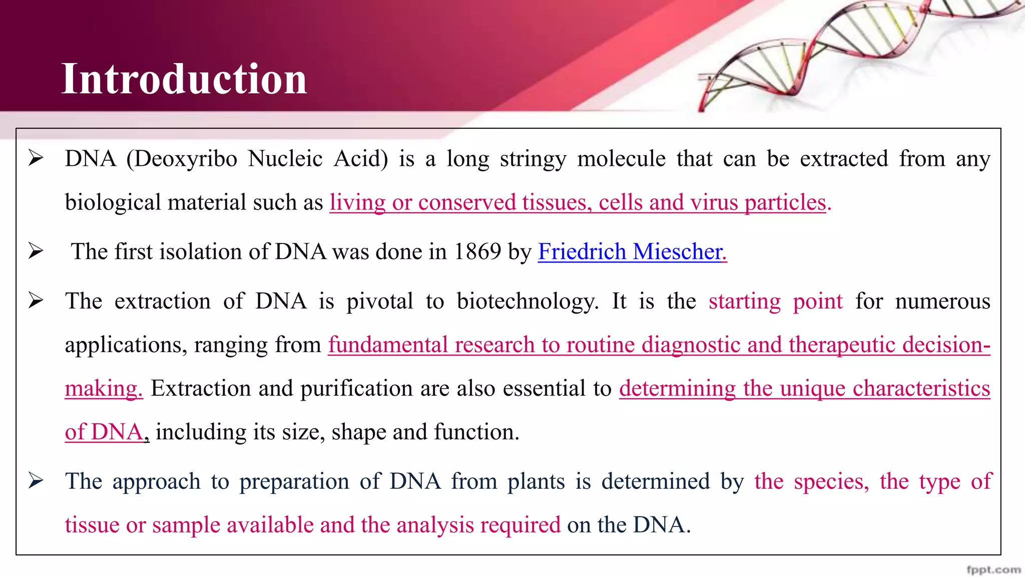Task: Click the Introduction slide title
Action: [184, 79]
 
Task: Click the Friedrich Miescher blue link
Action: [632, 251]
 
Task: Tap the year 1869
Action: [477, 251]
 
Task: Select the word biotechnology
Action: [527, 302]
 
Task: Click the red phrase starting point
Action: [775, 302]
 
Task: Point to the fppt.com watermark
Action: [993, 569]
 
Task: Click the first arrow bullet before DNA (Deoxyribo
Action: [36, 158]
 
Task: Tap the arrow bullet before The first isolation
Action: [36, 250]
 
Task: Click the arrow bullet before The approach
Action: [36, 480]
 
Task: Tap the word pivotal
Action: [380, 302]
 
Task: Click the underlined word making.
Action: [104, 389]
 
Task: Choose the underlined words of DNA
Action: [104, 432]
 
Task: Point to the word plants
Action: [536, 481]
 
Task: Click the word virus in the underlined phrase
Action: [714, 202]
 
